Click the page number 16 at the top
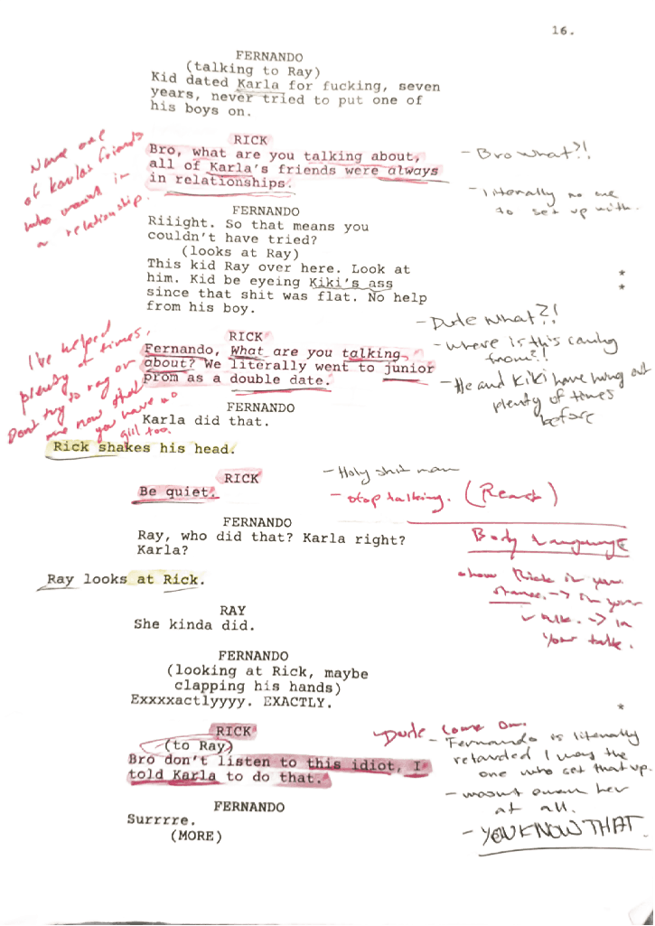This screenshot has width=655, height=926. (563, 30)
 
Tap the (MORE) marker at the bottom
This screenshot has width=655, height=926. (196, 837)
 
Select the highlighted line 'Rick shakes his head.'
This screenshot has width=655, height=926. (144, 448)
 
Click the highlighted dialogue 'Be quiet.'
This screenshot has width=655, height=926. (178, 492)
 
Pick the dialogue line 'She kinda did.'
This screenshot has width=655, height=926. (194, 624)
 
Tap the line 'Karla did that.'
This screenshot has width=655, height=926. (205, 422)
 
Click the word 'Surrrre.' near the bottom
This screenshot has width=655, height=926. (162, 820)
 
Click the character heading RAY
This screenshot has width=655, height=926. (232, 611)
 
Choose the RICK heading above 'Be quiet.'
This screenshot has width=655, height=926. (241, 478)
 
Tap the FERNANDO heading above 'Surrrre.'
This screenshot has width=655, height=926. (248, 807)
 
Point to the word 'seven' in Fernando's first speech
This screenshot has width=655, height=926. (418, 87)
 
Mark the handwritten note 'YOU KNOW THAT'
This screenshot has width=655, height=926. (557, 827)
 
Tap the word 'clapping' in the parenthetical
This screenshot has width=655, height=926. (210, 687)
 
